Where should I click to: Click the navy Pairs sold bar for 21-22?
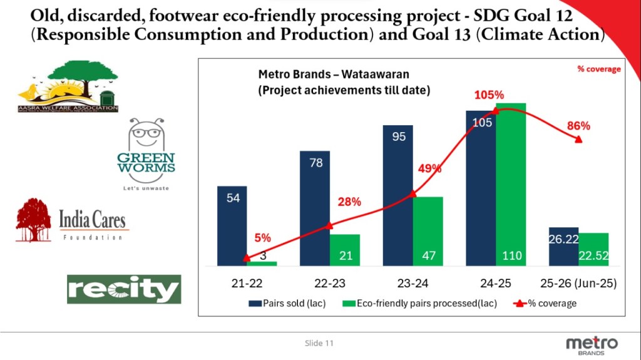(232, 225)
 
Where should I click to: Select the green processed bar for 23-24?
(428, 231)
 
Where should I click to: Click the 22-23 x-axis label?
(329, 283)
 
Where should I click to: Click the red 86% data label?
(578, 126)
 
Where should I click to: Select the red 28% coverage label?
(349, 202)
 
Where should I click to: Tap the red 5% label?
(262, 238)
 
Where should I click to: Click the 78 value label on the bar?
(316, 163)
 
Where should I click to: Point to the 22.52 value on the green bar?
(593, 255)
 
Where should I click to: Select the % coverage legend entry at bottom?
(545, 304)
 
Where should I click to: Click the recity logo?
(124, 289)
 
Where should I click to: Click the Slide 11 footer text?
(320, 343)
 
